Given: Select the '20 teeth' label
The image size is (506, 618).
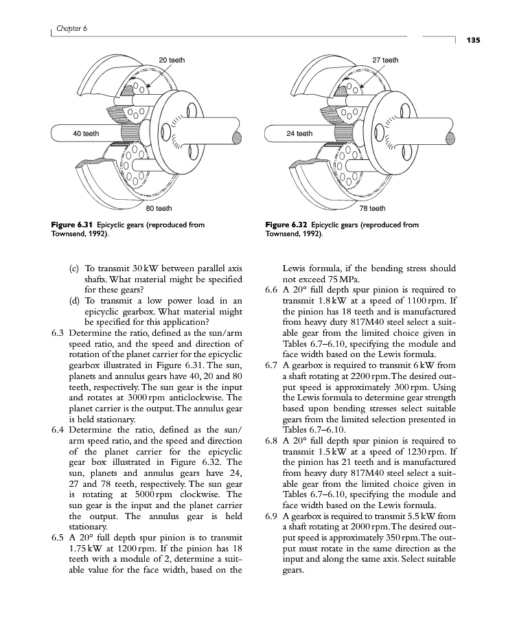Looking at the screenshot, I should pos(171,60).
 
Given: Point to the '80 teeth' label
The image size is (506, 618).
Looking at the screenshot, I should pos(159,207).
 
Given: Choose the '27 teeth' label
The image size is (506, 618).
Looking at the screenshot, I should pos(385,60).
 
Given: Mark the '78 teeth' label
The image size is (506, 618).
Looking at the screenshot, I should pos(373,207).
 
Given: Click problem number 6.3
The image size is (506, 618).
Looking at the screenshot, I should pos(58,334).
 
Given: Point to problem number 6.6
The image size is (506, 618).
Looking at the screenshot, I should pos(271,289).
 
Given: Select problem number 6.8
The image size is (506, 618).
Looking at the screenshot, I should pos(271,440).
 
